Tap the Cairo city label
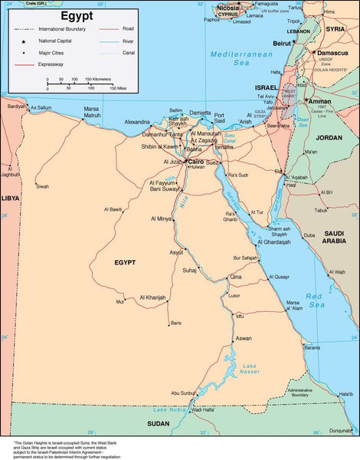coord(196,162)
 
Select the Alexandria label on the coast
coord(138,122)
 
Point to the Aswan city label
coord(244,338)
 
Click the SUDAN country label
coord(159,423)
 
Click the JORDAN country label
coord(329,137)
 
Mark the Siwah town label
coord(42,186)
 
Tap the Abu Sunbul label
coord(184,393)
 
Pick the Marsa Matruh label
coord(91,112)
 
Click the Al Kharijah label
coord(152,297)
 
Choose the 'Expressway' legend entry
coord(50,65)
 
